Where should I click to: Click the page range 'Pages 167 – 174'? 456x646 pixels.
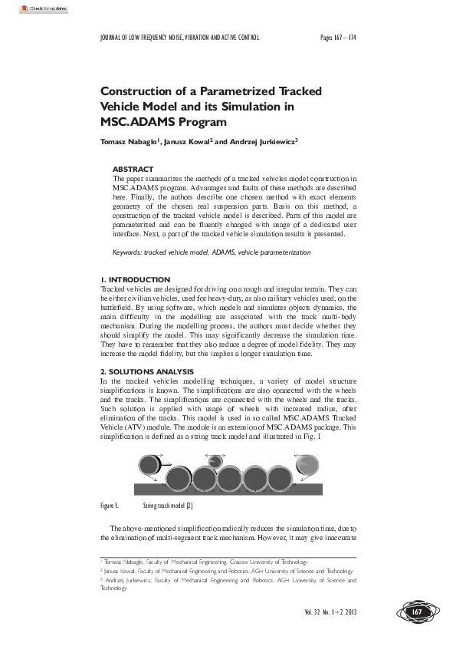click(x=338, y=37)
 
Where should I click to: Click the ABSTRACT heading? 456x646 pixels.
click(x=133, y=169)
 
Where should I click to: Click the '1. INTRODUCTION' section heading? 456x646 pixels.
click(x=135, y=279)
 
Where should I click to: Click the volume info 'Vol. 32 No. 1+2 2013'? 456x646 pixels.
click(x=330, y=611)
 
